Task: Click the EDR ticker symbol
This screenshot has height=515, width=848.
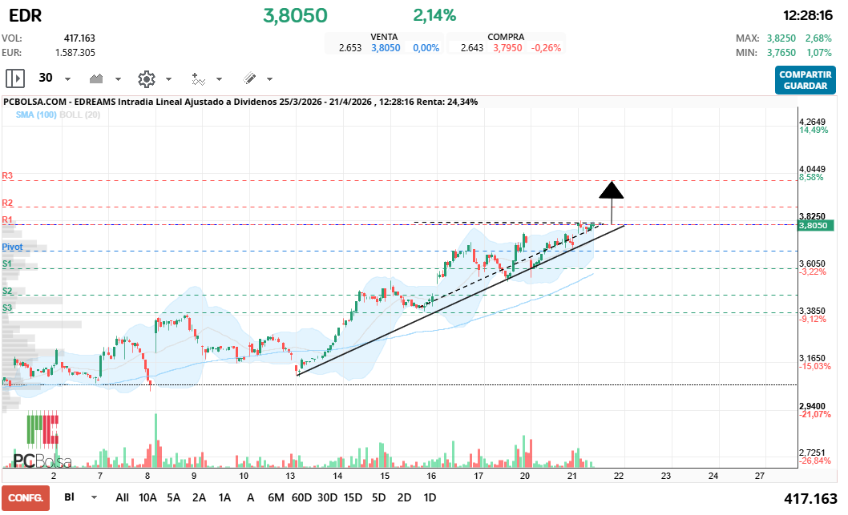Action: click(x=22, y=15)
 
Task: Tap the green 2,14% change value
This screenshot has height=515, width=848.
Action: click(x=434, y=15)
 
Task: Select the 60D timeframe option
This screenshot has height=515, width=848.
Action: click(x=301, y=497)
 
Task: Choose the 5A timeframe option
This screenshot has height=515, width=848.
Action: click(x=173, y=497)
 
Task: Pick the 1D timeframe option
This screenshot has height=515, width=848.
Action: click(x=430, y=497)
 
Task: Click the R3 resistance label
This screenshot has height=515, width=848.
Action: click(x=7, y=175)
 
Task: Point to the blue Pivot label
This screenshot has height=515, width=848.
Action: click(x=12, y=247)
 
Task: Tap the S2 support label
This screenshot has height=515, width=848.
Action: click(x=7, y=292)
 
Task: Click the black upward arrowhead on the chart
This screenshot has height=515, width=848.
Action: click(x=612, y=190)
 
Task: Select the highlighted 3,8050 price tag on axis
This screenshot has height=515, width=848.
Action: click(x=814, y=226)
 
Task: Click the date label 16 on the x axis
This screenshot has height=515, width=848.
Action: click(x=431, y=476)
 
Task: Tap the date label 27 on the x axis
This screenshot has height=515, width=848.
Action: click(x=760, y=476)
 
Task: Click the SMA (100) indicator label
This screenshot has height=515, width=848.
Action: click(x=34, y=115)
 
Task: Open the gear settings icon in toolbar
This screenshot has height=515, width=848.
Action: click(x=146, y=78)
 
